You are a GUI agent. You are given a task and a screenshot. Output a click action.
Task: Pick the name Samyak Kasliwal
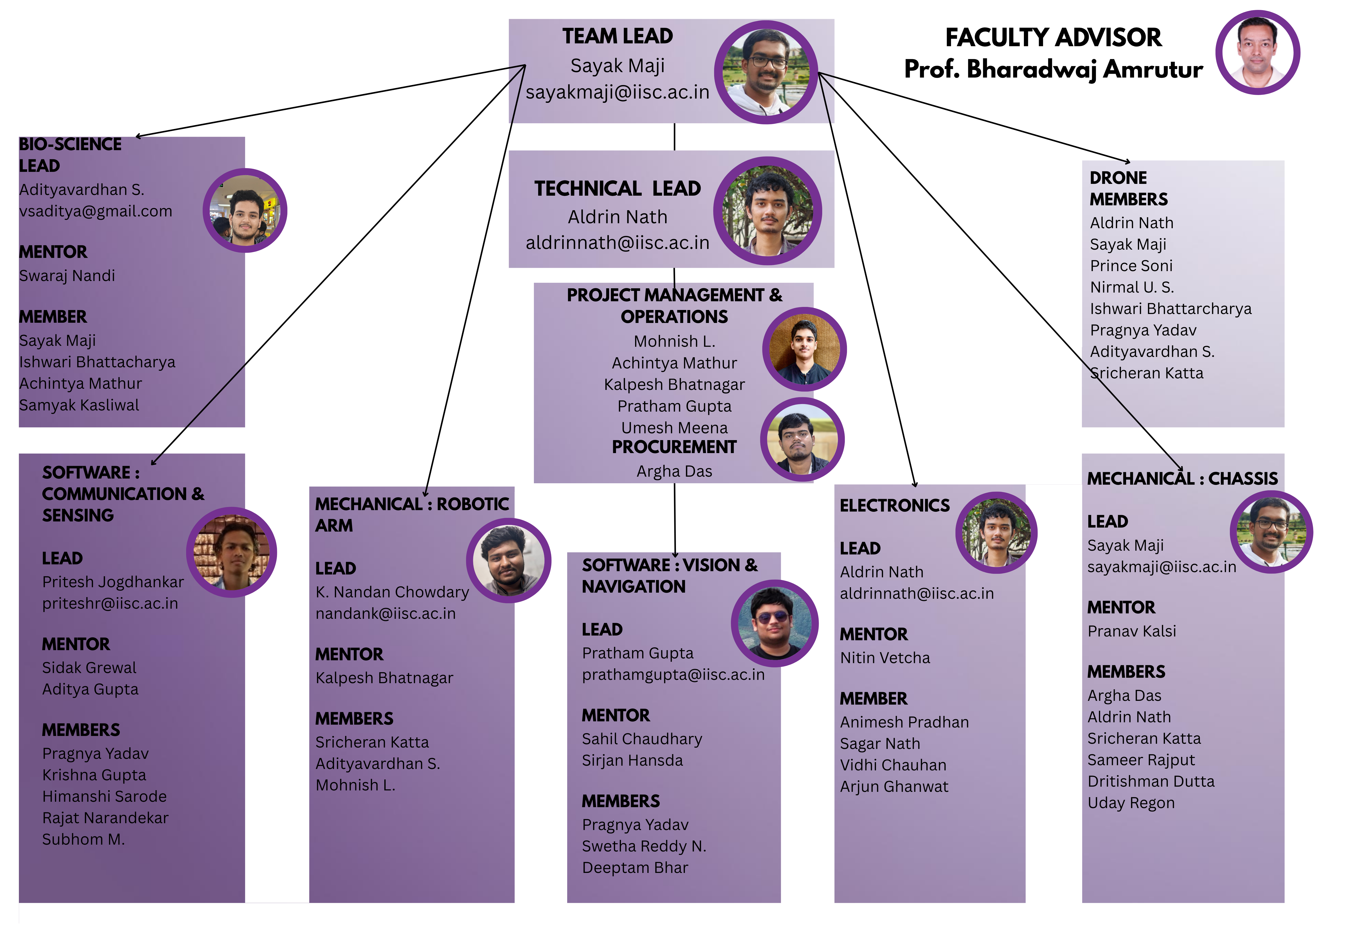coord(79,405)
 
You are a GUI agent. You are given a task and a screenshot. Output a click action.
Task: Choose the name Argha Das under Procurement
coord(674,471)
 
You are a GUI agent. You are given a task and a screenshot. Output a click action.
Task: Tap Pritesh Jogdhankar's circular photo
coord(231,553)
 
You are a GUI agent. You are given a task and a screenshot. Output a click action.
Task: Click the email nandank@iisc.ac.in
coord(385,613)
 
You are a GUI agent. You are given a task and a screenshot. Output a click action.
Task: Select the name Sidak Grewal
coord(89,668)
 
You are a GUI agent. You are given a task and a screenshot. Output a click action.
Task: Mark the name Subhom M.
coord(83,839)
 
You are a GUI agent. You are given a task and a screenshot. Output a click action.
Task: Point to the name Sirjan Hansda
coord(632,760)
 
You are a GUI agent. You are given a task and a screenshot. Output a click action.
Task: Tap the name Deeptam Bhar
coord(635,867)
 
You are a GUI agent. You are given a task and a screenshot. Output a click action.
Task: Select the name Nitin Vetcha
coord(884,658)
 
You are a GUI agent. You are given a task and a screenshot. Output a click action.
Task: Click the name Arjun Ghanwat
coord(894,787)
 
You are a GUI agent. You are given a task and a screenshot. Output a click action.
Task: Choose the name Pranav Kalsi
coord(1131,631)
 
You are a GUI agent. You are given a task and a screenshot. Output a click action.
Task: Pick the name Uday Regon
coord(1131,802)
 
